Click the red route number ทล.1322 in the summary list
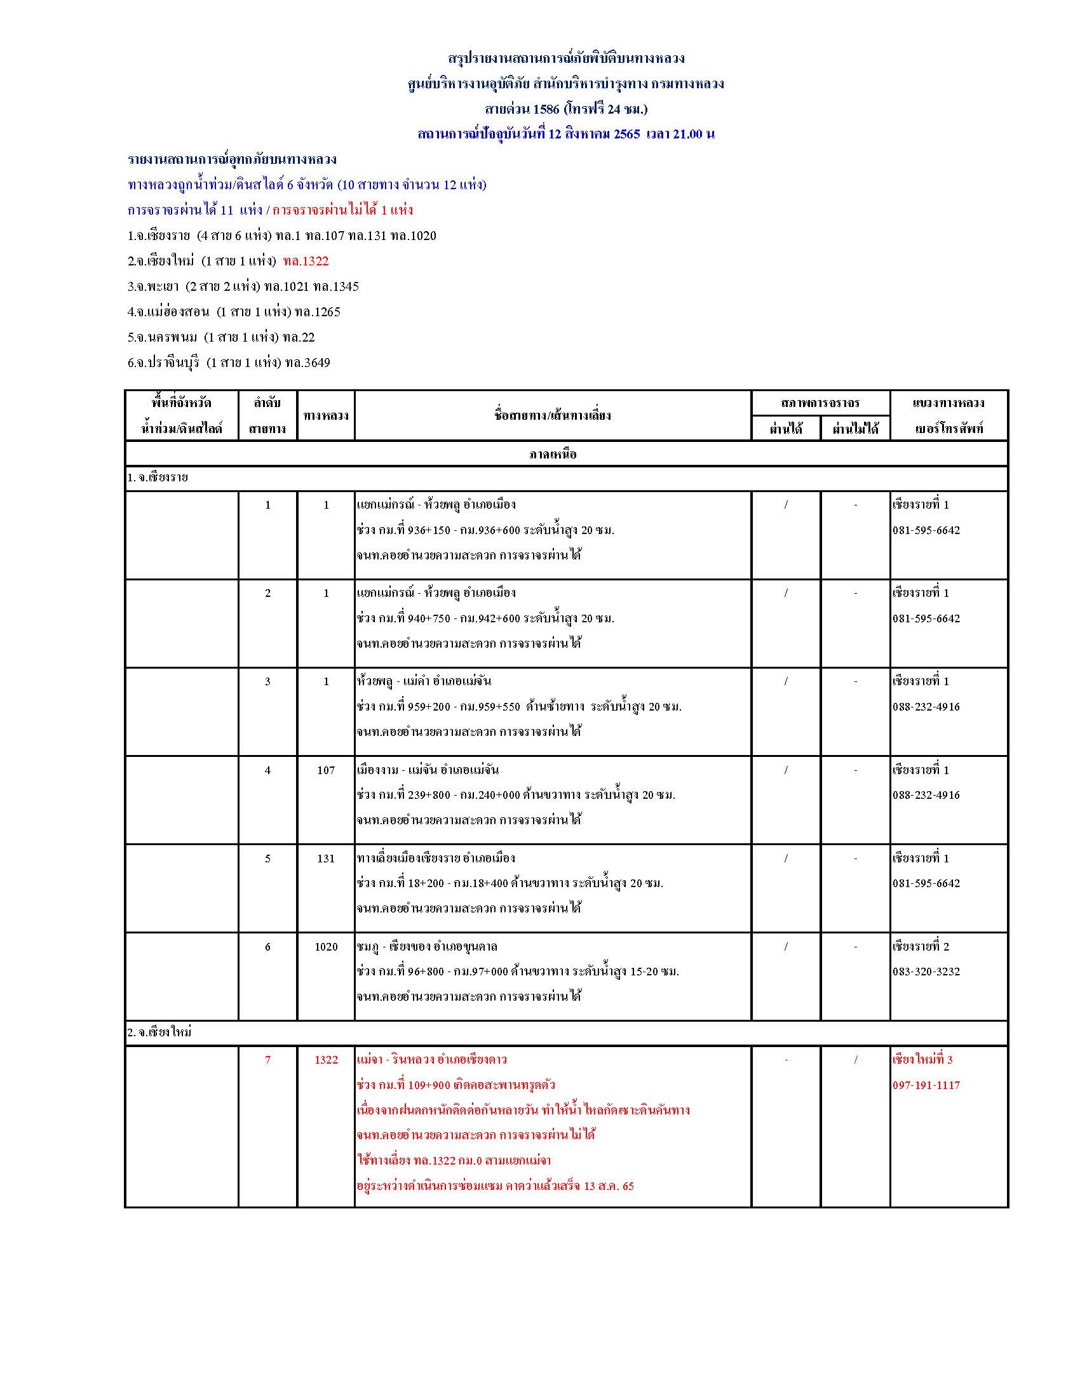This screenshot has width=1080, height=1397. (x=306, y=261)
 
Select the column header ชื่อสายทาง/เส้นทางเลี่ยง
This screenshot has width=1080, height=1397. (x=552, y=415)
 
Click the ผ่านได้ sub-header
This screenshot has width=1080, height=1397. (x=786, y=429)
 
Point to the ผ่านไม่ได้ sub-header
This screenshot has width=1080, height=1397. (x=856, y=429)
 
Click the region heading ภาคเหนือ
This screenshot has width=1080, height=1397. (x=553, y=454)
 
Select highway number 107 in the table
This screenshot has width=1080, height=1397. (x=326, y=770)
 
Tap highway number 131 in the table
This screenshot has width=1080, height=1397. (x=326, y=859)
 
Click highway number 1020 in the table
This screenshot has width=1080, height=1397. (x=326, y=947)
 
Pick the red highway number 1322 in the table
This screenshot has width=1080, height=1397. (x=326, y=1060)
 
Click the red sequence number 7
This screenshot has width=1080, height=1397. (x=267, y=1060)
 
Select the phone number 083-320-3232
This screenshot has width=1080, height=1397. (x=926, y=972)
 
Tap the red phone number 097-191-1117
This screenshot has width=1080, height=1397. (x=926, y=1085)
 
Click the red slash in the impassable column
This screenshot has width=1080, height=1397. (x=856, y=1060)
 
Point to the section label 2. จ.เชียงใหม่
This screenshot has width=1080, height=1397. (x=159, y=1032)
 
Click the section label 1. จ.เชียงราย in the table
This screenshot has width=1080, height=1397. (x=158, y=477)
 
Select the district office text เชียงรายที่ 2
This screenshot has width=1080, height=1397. (x=921, y=947)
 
